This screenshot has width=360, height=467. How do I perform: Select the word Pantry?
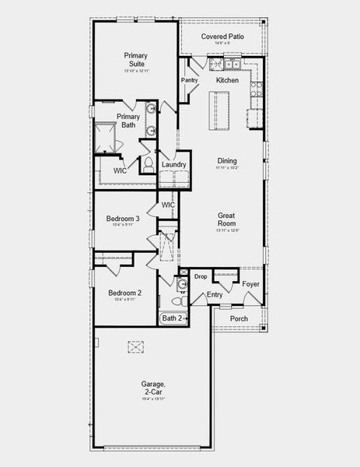click(189, 80)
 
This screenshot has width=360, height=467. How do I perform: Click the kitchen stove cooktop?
click(256, 88)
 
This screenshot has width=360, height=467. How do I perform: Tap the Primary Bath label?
click(128, 121)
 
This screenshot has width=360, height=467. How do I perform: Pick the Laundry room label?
click(173, 165)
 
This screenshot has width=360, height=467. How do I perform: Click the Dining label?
click(227, 160)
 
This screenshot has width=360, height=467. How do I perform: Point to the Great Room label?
click(227, 219)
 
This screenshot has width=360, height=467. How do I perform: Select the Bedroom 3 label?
click(124, 219)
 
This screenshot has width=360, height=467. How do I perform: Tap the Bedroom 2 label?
click(124, 293)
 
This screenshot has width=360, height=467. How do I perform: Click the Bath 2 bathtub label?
click(172, 318)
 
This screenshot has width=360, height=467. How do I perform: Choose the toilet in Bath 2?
click(181, 299)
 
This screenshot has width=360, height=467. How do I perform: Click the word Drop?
click(201, 276)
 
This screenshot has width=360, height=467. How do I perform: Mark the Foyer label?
click(250, 284)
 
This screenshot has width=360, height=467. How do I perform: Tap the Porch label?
click(239, 318)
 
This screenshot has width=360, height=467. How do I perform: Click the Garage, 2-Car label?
click(153, 388)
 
